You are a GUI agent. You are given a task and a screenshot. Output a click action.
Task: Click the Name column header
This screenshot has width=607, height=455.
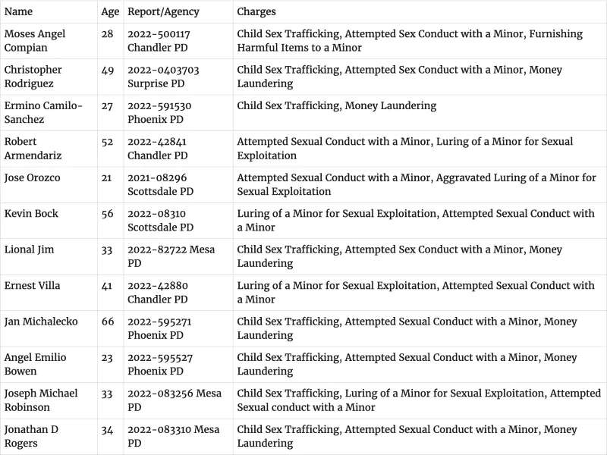pyautogui.click(x=19, y=12)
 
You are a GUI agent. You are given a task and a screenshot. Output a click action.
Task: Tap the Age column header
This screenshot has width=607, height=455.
pyautogui.click(x=109, y=12)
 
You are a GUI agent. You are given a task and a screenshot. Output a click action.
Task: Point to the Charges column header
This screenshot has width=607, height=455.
pyautogui.click(x=256, y=12)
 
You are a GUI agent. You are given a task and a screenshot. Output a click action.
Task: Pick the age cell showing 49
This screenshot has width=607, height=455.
pyautogui.click(x=108, y=70)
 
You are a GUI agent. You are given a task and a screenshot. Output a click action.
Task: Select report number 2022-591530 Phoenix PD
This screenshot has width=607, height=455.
pyautogui.click(x=159, y=112)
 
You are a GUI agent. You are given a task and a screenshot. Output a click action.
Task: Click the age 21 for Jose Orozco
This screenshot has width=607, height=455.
pyautogui.click(x=107, y=177)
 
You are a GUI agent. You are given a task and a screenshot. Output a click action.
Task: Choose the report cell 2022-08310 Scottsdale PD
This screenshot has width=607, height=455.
pyautogui.click(x=161, y=221)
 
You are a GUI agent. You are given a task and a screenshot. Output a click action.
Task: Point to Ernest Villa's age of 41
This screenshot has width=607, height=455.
pyautogui.click(x=107, y=285)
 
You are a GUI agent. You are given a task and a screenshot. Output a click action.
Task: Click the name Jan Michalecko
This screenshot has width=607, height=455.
pyautogui.click(x=41, y=322)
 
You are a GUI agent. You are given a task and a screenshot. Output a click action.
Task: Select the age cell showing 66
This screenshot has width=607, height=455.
pyautogui.click(x=108, y=322)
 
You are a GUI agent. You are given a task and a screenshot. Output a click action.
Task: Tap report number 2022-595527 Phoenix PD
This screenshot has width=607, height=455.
pyautogui.click(x=159, y=364)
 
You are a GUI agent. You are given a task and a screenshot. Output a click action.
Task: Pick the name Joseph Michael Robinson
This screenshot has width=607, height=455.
pyautogui.click(x=41, y=400)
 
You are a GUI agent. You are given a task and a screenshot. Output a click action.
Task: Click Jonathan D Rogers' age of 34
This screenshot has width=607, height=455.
pyautogui.click(x=108, y=429)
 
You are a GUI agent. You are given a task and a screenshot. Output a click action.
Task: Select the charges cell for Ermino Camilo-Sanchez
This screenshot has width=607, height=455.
pyautogui.click(x=337, y=105)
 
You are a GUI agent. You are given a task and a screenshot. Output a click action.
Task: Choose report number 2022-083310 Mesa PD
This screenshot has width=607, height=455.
pyautogui.click(x=173, y=436)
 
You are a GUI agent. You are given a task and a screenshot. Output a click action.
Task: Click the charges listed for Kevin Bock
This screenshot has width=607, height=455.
pyautogui.click(x=416, y=221)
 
